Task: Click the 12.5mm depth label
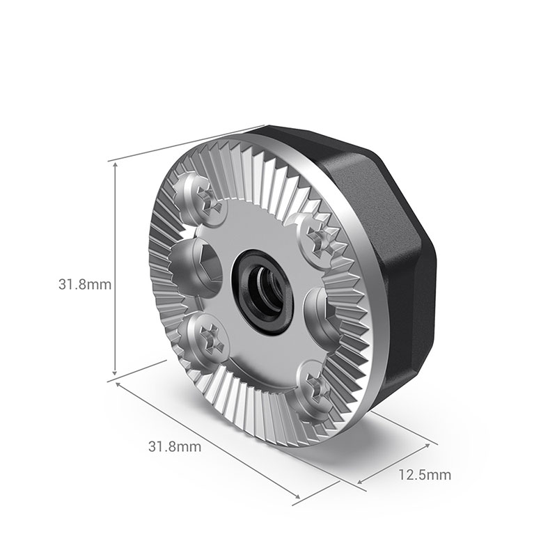point(425,476)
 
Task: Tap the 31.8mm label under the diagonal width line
point(174,447)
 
